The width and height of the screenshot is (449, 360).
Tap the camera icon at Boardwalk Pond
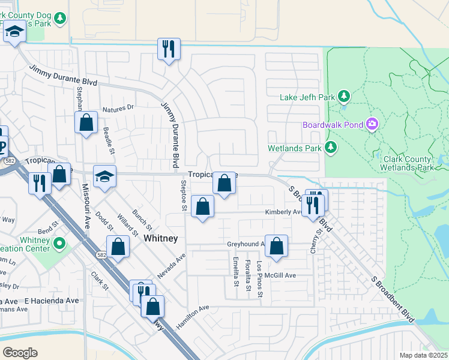point(373,124)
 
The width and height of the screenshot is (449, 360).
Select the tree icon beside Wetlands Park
point(330,147)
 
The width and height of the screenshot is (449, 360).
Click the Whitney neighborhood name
point(161,238)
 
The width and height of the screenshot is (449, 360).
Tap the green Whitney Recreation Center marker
point(59,244)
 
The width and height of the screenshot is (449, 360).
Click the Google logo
point(20,352)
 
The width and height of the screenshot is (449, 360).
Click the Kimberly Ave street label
point(284,212)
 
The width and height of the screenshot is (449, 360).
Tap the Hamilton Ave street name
point(192,317)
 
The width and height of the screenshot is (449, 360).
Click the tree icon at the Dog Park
point(59,19)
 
